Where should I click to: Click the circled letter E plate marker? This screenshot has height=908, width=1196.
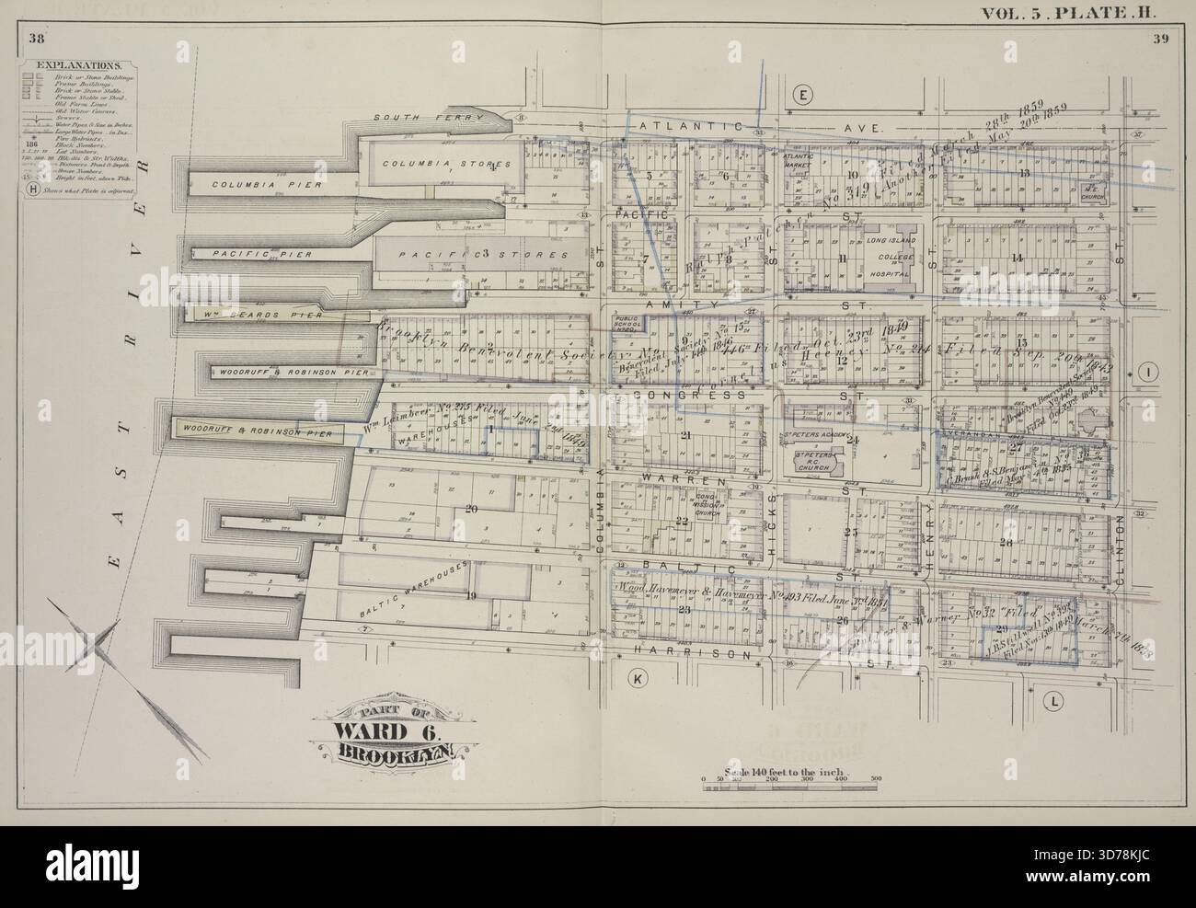pos(802,96)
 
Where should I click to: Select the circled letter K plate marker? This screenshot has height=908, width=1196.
pos(636,678)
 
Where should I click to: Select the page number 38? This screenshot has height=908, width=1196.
pos(37,38)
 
